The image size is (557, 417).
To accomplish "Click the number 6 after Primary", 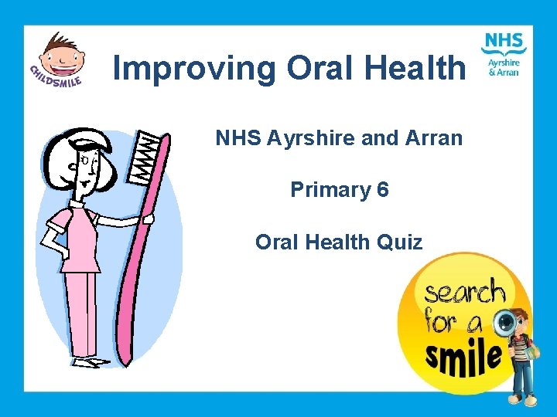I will tap(383, 189).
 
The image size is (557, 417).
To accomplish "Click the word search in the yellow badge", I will tap(464, 294).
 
